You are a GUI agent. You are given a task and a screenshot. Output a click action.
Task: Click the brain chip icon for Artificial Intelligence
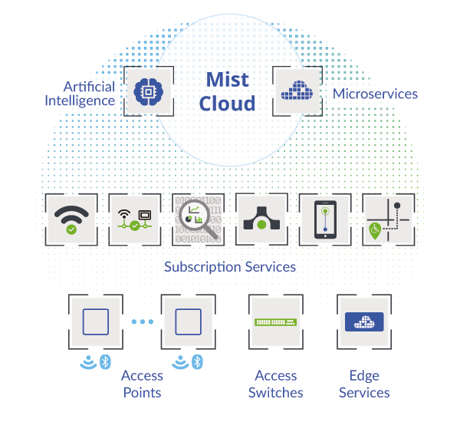pyautogui.click(x=149, y=91)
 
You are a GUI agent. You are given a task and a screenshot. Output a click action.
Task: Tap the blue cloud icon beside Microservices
pyautogui.click(x=297, y=91)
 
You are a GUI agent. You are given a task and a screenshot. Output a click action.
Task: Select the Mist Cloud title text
pyautogui.click(x=228, y=91)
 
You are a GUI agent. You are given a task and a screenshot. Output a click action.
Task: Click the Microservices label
pyautogui.click(x=375, y=94)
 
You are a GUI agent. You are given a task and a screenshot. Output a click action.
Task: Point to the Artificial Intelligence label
pyautogui.click(x=80, y=94)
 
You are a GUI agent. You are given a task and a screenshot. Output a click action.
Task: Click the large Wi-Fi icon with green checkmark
pyautogui.click(x=71, y=219)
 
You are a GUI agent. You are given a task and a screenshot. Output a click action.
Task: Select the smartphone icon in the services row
pyautogui.click(x=325, y=219)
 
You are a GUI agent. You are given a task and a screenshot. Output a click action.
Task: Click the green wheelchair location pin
pyautogui.click(x=375, y=231)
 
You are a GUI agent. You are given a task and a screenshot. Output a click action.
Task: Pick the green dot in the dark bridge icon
pyautogui.click(x=261, y=225)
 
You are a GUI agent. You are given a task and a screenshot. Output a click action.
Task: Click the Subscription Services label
pyautogui.click(x=230, y=267)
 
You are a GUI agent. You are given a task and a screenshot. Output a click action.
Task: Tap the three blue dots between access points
pyautogui.click(x=143, y=321)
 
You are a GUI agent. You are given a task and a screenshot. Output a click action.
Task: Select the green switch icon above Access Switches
pyautogui.click(x=276, y=322)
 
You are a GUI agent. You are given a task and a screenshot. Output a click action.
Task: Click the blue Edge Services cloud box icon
pyautogui.click(x=364, y=321)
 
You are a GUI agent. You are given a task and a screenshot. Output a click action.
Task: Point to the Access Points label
pyautogui.click(x=143, y=384)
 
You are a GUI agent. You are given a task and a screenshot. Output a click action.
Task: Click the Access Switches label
pyautogui.click(x=276, y=384)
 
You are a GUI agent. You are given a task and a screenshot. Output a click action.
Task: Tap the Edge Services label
pyautogui.click(x=364, y=384)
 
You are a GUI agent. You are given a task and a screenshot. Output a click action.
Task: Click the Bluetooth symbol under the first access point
pyautogui.click(x=105, y=362)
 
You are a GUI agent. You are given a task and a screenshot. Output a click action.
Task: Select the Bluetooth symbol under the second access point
pyautogui.click(x=198, y=362)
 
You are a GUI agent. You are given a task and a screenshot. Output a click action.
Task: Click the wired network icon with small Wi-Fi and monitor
pyautogui.click(x=135, y=220)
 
